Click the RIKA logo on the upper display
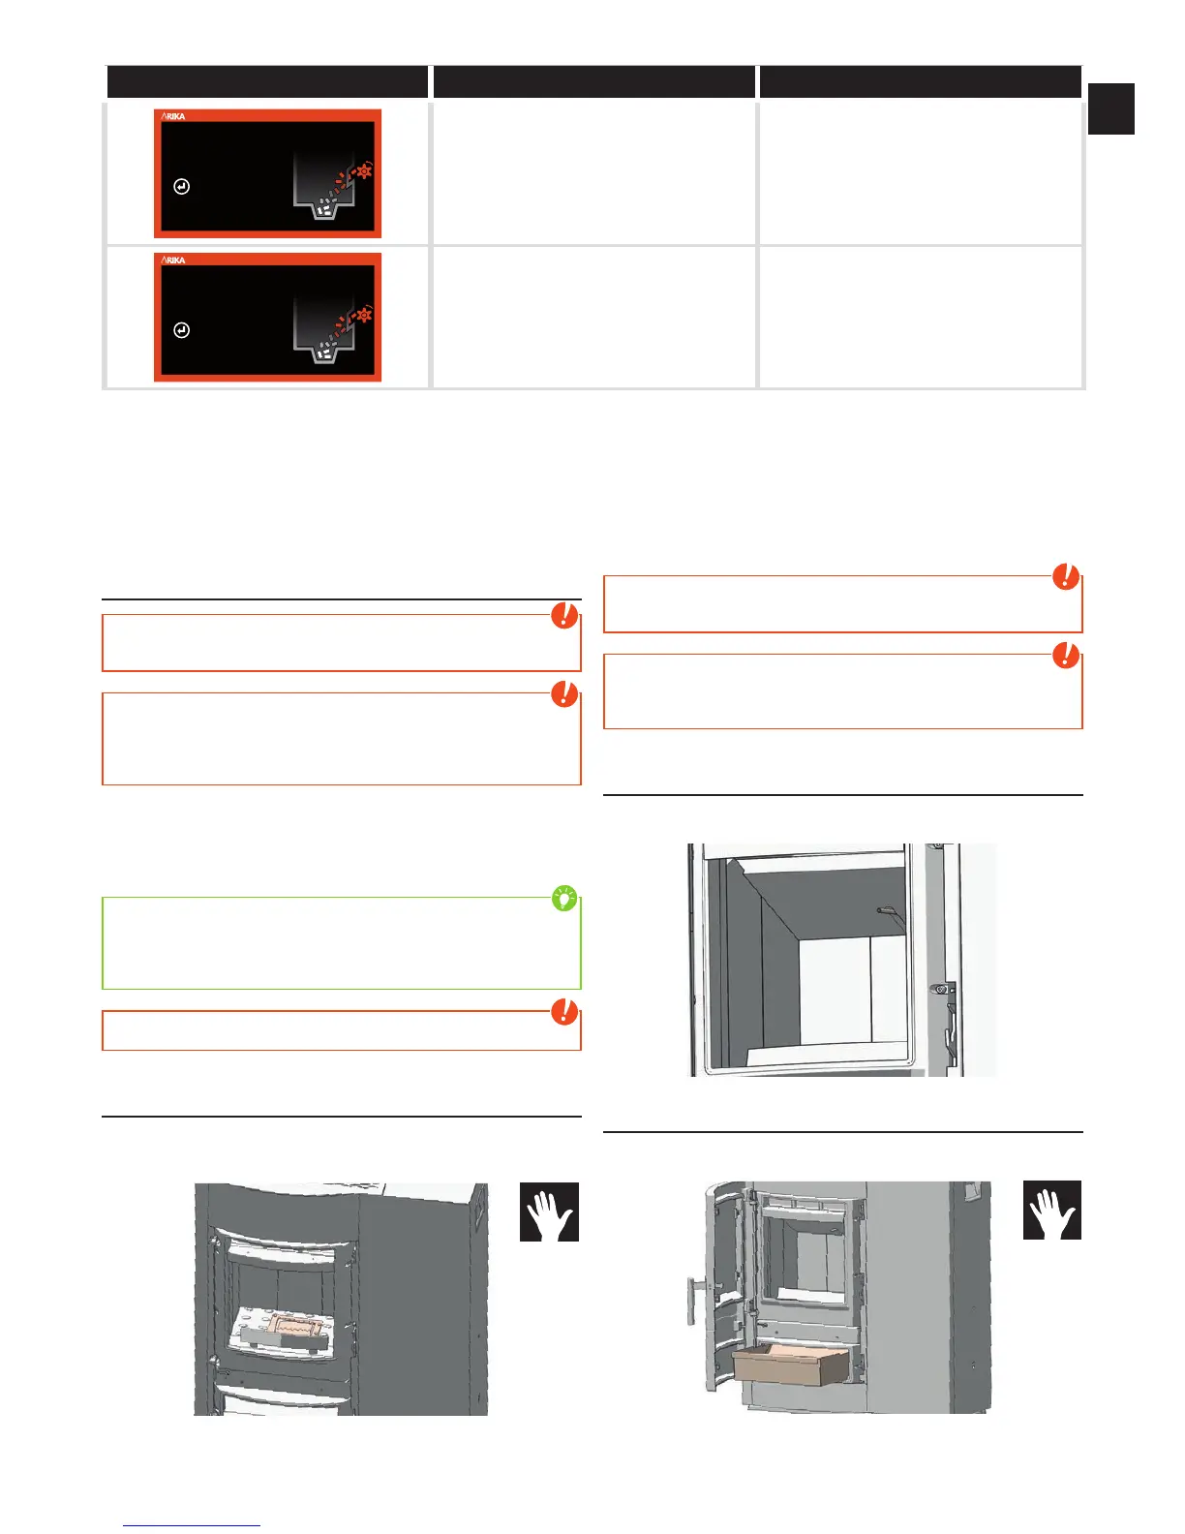point(173,116)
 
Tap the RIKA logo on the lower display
point(173,260)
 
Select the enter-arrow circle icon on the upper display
point(182,187)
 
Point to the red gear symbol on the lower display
point(364,315)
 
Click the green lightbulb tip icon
point(563,899)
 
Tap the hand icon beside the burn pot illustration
point(549,1212)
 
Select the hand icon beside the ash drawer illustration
point(1052,1210)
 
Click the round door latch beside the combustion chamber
point(938,989)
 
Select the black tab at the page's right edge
point(1110,108)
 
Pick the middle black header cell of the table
point(593,82)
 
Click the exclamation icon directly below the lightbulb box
point(564,1013)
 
